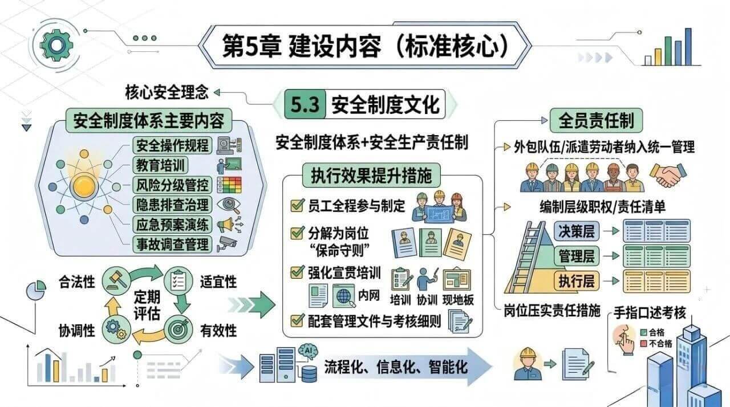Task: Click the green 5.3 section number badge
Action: [x=305, y=104]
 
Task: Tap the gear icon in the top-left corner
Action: [x=56, y=44]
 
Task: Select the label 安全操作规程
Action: [x=172, y=145]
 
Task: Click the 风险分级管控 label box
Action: [x=172, y=185]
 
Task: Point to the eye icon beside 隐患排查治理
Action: [x=229, y=205]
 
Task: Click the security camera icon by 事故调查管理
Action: [x=227, y=243]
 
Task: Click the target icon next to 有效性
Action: [x=178, y=329]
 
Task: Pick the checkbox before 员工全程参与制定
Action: [x=297, y=205]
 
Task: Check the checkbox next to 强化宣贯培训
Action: [x=297, y=272]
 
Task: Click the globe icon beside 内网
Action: [x=344, y=296]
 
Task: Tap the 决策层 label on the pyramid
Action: [x=577, y=231]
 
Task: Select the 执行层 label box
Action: [x=577, y=280]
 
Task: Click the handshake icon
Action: [x=668, y=175]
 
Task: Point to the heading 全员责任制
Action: [x=596, y=120]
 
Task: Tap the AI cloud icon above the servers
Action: [x=307, y=351]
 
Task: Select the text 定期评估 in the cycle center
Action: [x=147, y=306]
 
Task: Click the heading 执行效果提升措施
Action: [x=371, y=176]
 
